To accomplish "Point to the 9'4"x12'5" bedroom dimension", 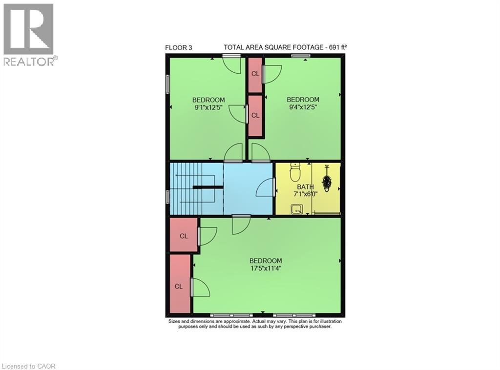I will (302, 107).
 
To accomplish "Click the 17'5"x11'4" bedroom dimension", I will (266, 267).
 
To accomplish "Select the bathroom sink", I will (296, 209).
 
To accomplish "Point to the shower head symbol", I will (327, 182).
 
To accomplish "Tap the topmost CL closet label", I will (255, 74).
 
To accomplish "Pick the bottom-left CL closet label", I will (179, 287).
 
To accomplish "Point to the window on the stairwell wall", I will (167, 197).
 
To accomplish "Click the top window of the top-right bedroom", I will (301, 56).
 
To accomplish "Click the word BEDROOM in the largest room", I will (266, 261).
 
